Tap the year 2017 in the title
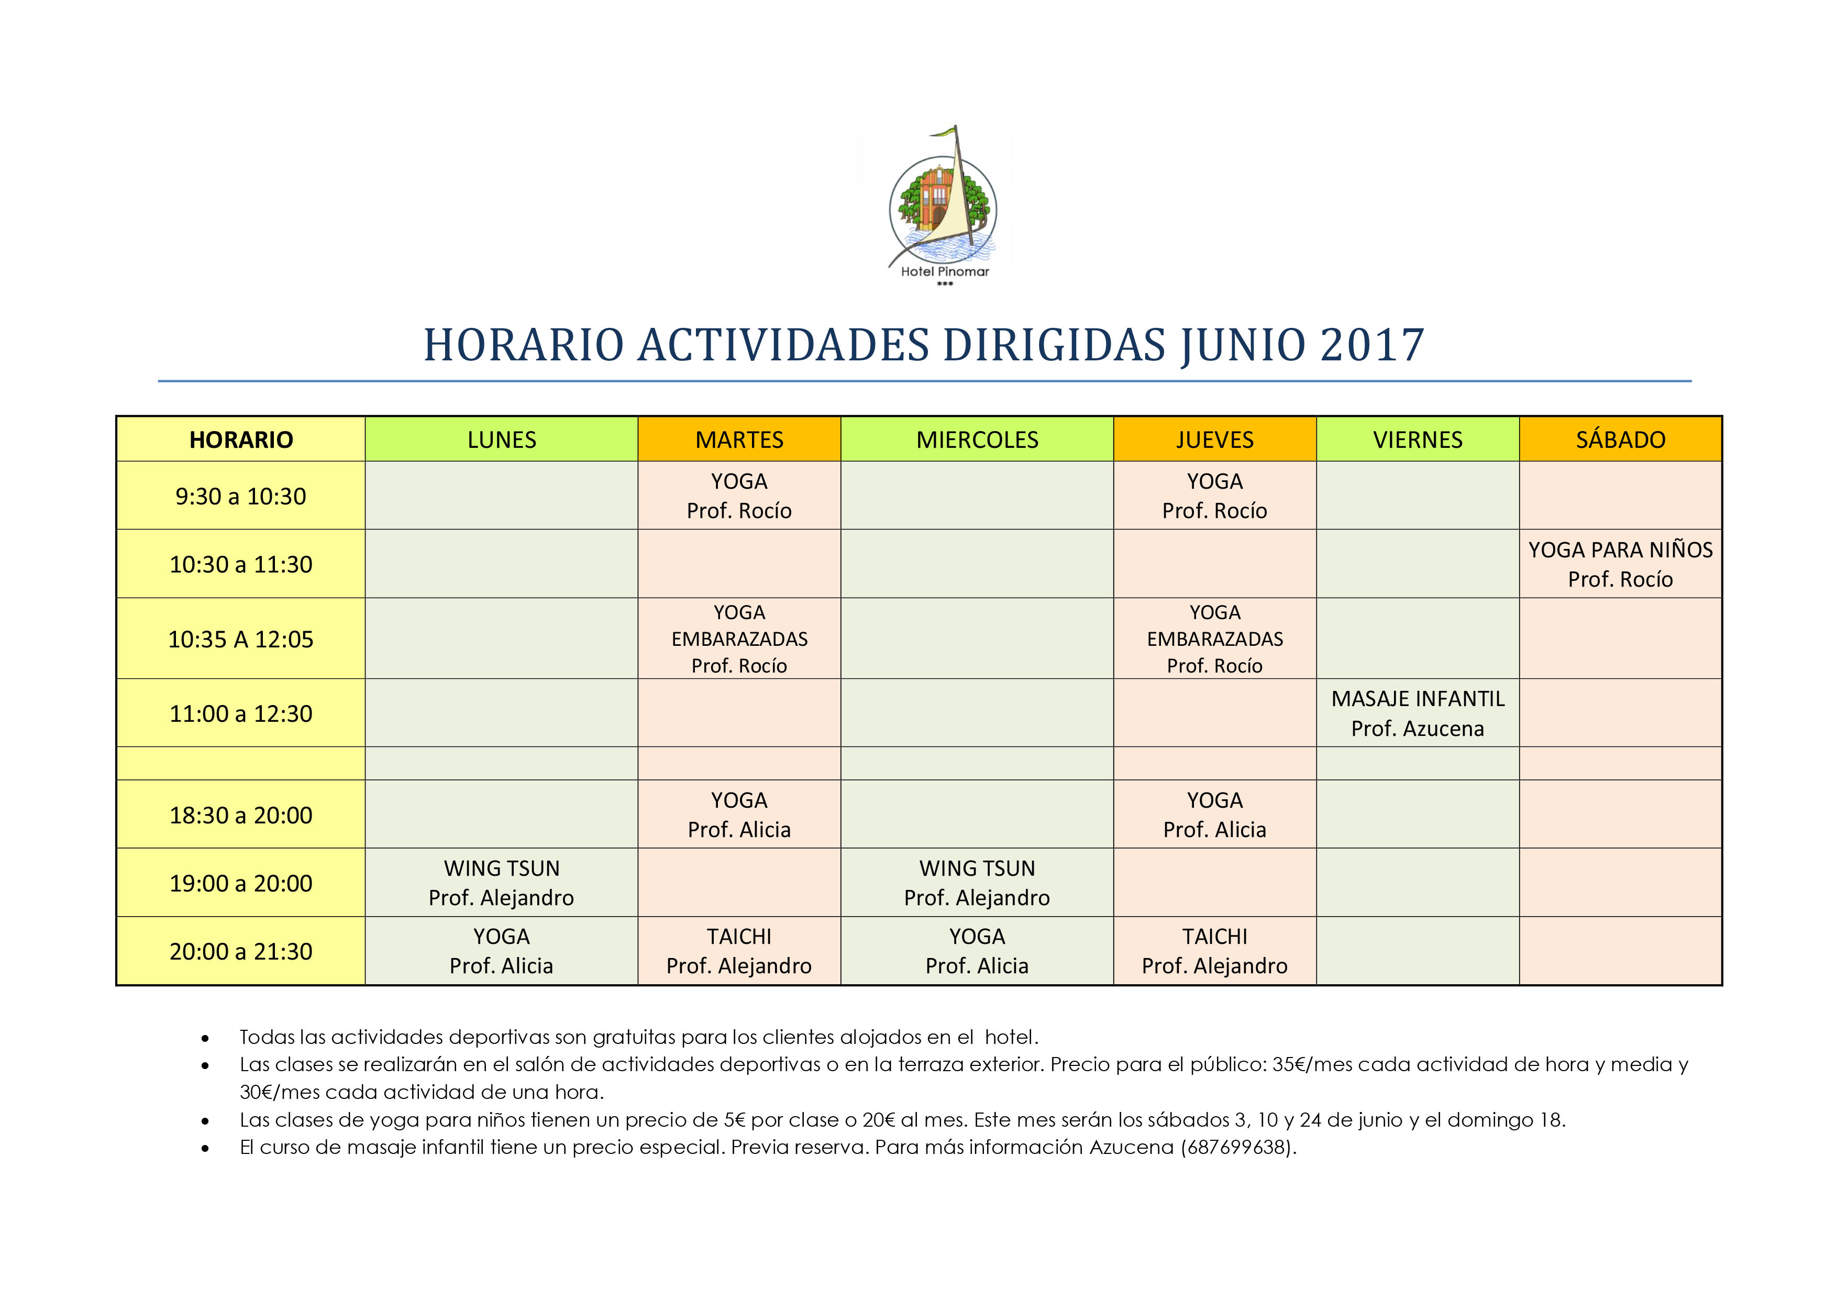click(1372, 346)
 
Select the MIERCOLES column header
click(977, 439)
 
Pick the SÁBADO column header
click(1620, 439)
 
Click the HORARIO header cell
click(241, 439)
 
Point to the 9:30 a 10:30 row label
click(241, 496)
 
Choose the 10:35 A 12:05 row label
click(241, 640)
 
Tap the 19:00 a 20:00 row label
click(241, 884)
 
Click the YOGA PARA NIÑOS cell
click(1620, 564)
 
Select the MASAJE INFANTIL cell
click(1418, 713)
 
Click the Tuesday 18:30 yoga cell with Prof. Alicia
click(739, 815)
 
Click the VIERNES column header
click(1418, 439)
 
